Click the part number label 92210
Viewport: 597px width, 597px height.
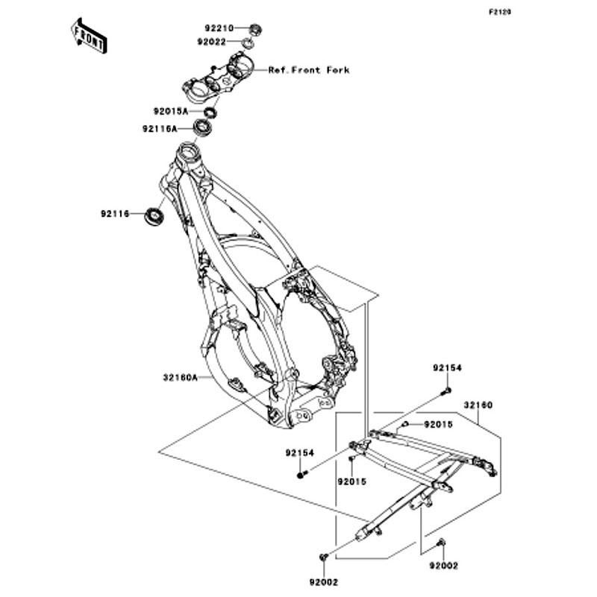pyautogui.click(x=219, y=28)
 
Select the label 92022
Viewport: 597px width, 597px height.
pyautogui.click(x=212, y=42)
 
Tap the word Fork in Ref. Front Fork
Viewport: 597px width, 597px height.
pyautogui.click(x=338, y=70)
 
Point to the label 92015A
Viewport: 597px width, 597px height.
pyautogui.click(x=170, y=112)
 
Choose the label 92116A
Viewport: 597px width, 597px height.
pyautogui.click(x=160, y=129)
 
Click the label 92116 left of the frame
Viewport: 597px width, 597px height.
pyautogui.click(x=115, y=214)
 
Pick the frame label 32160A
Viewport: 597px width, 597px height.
pyautogui.click(x=181, y=378)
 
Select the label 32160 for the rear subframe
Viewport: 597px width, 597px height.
pyautogui.click(x=478, y=405)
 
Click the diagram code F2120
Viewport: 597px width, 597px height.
pyautogui.click(x=500, y=12)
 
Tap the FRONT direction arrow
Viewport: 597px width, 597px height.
pyautogui.click(x=89, y=36)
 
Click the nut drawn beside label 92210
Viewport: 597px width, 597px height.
pyautogui.click(x=255, y=28)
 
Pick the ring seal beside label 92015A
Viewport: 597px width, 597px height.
pyautogui.click(x=210, y=113)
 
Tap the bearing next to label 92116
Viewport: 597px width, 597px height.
pyautogui.click(x=154, y=216)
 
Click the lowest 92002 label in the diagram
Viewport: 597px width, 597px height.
pyautogui.click(x=324, y=583)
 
